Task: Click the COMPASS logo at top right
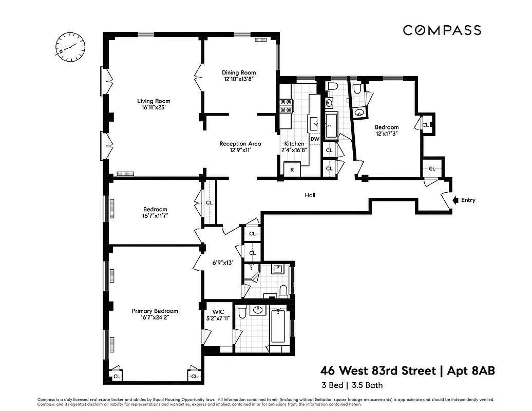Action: click(x=442, y=30)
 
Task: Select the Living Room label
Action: click(x=154, y=101)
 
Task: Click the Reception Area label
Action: click(x=240, y=144)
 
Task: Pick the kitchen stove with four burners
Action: click(x=286, y=106)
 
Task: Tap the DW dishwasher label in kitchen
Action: click(x=315, y=139)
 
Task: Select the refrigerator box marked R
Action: click(x=292, y=170)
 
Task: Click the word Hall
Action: click(x=310, y=195)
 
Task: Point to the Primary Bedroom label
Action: click(x=155, y=311)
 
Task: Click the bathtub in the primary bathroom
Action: click(x=278, y=326)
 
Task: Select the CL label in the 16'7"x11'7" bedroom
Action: click(x=209, y=203)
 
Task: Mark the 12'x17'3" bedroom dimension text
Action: click(x=386, y=133)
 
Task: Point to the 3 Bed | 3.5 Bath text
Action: click(x=352, y=385)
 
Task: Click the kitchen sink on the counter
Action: click(x=313, y=124)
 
